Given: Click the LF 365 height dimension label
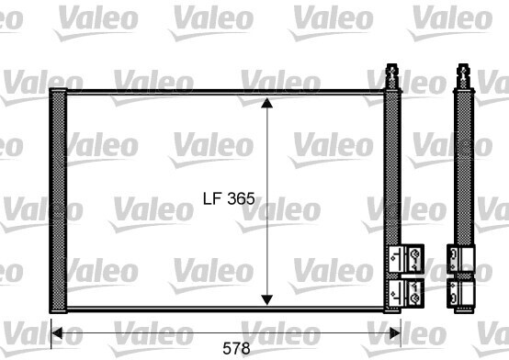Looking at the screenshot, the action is coord(229,198).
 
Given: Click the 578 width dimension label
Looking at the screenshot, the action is coord(236,349).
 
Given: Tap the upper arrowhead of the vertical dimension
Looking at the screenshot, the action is coord(266,103).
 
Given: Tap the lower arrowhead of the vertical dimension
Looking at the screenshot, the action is coord(266,300).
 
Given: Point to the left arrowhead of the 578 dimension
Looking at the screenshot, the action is coord(57,333).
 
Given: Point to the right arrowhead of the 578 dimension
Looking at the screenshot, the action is coord(395,333).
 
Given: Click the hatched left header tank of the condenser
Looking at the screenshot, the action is coord(58,200).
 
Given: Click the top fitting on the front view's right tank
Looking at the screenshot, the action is coord(392,75).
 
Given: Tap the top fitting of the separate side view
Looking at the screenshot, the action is coord(463,75).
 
